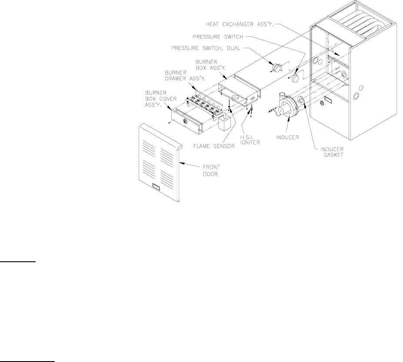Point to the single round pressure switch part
pyautogui.click(x=297, y=77)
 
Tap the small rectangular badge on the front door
pyautogui.click(x=156, y=188)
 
